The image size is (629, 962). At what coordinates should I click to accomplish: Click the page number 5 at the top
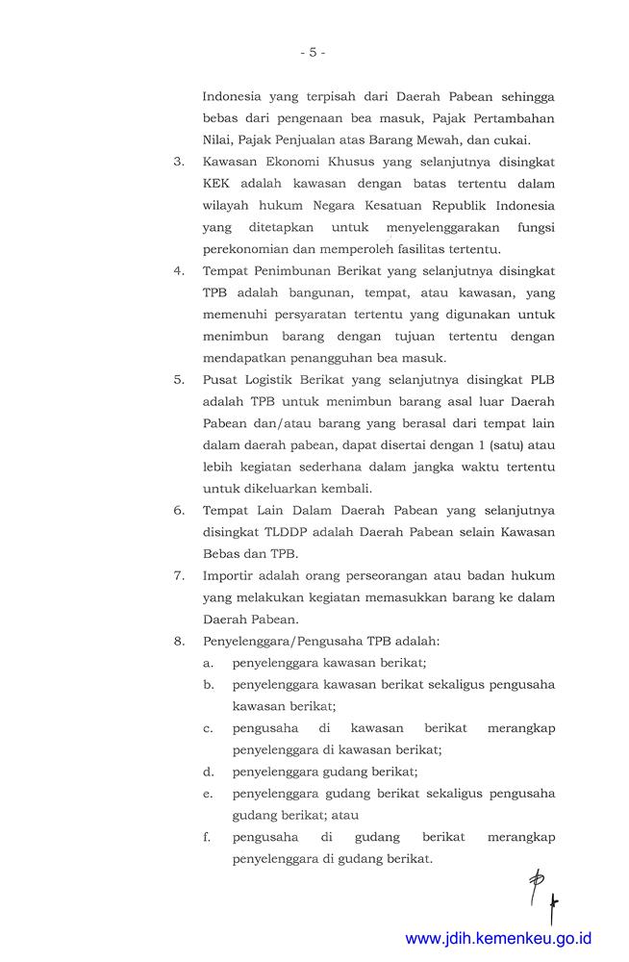click(312, 52)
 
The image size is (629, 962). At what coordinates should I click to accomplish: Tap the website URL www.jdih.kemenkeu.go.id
click(498, 938)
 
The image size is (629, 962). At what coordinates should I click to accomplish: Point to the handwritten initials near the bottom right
click(543, 893)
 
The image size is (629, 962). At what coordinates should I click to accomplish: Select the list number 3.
click(179, 161)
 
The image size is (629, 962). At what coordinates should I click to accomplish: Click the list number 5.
click(179, 379)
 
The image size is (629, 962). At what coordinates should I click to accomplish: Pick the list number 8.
click(179, 640)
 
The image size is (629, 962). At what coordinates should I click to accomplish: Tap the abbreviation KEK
click(218, 183)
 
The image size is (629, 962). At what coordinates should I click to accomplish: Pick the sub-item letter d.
click(208, 771)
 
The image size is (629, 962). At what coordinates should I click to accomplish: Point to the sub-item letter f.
click(208, 836)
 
